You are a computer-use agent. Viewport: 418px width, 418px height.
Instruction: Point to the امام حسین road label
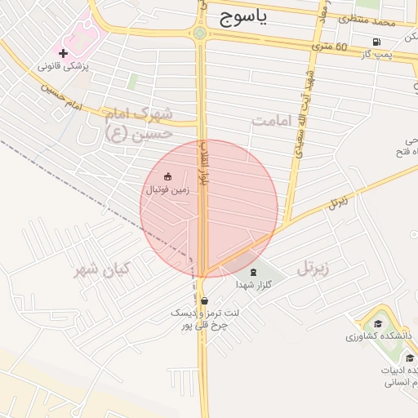coord(62,100)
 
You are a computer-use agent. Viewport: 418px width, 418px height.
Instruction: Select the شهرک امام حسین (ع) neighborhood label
coord(140,122)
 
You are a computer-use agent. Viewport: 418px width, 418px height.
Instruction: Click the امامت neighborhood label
coord(271,121)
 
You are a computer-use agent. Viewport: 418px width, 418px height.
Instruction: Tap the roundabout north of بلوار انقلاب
coord(200,33)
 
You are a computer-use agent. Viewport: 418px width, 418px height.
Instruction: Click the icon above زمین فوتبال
coord(168,176)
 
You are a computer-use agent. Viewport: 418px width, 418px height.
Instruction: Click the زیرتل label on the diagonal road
coord(338,202)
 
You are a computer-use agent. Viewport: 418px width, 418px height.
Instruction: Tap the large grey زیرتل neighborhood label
coord(313,266)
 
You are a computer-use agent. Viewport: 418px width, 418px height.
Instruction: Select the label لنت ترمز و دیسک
coord(197,313)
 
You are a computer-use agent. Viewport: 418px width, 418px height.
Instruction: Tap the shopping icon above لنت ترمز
coord(202,300)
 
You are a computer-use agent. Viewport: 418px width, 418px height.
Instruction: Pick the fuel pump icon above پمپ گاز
coord(376,42)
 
